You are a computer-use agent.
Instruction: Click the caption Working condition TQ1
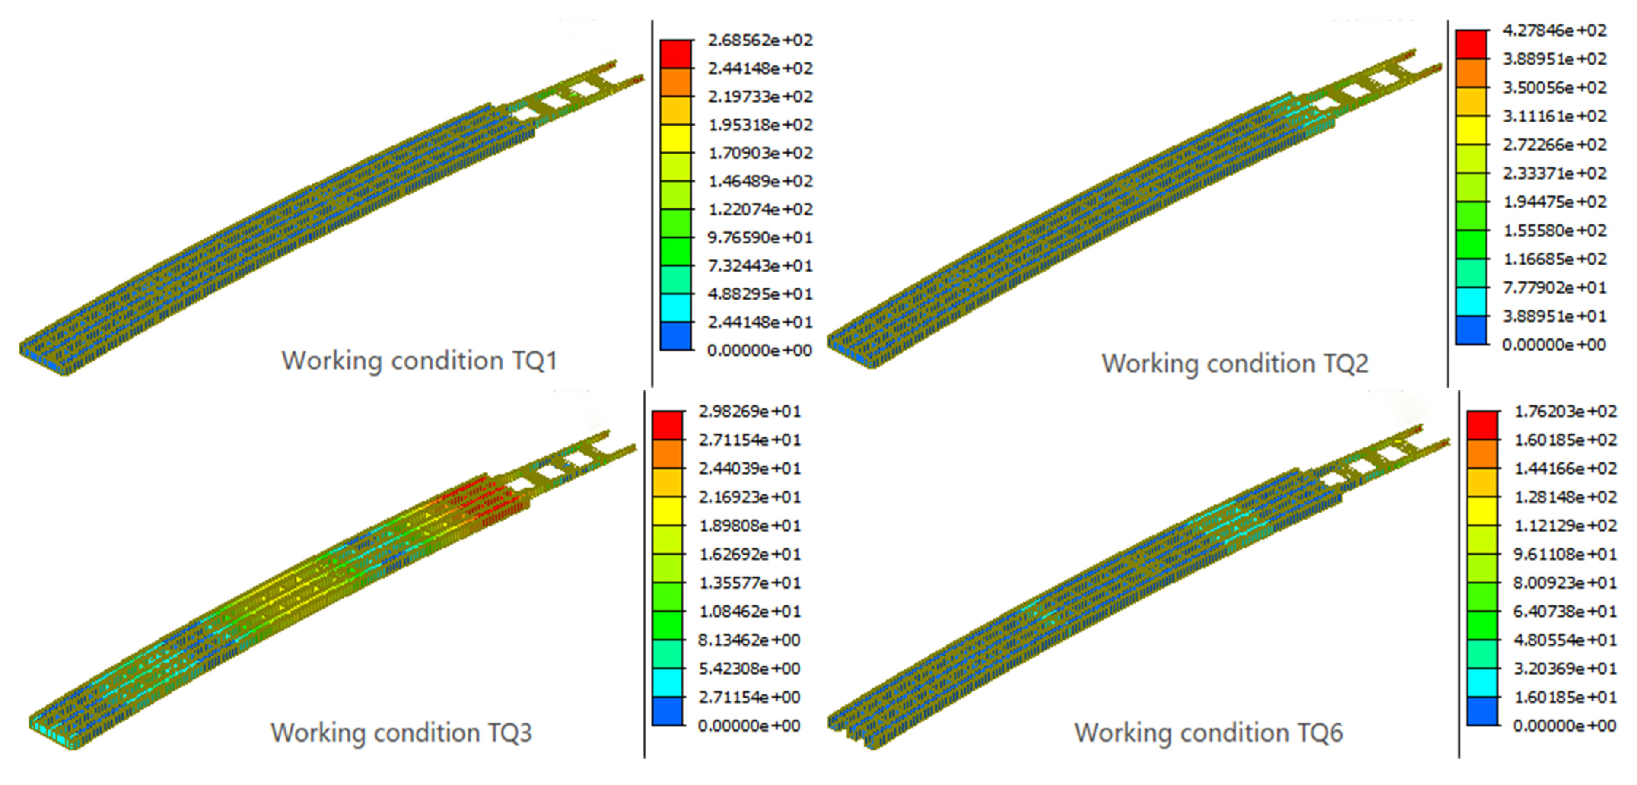419,361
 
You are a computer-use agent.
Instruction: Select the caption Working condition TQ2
1235,363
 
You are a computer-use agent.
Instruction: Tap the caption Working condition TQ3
401,733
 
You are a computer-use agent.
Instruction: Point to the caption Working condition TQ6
1209,733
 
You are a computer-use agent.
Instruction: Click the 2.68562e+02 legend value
760,40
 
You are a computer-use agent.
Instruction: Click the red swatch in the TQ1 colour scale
676,54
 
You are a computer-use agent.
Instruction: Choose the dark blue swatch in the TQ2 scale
1471,330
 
